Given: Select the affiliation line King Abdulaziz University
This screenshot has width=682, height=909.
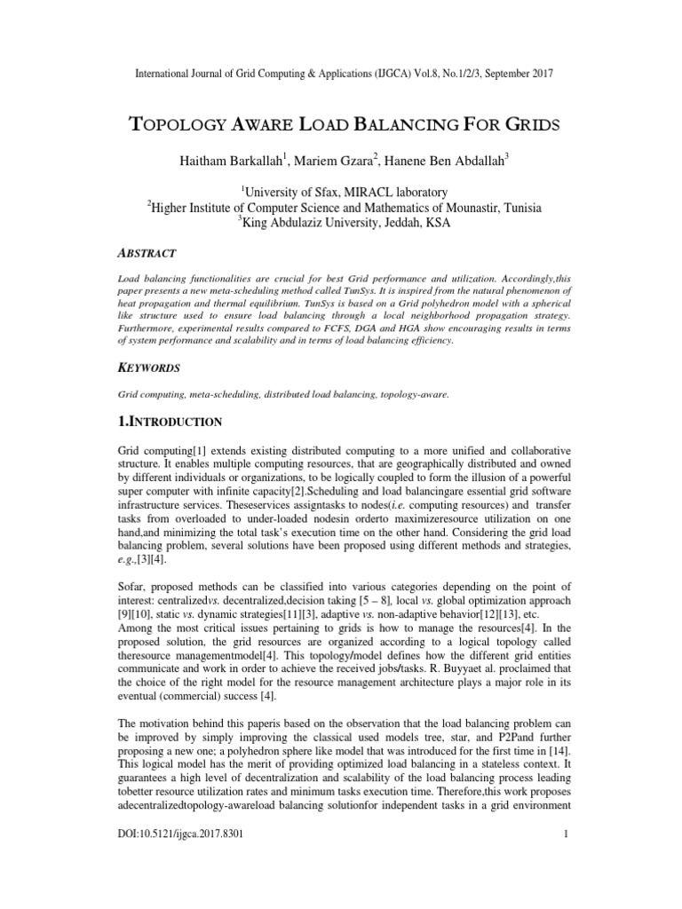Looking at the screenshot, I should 346,224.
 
